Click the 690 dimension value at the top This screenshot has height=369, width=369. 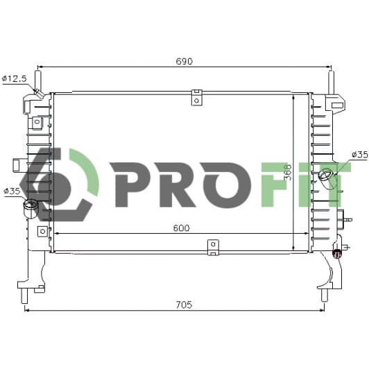pyautogui.click(x=184, y=61)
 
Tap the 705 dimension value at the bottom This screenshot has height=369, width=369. pyautogui.click(x=184, y=304)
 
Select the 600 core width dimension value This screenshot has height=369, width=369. pyautogui.click(x=181, y=228)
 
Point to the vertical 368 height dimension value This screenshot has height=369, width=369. pyautogui.click(x=288, y=172)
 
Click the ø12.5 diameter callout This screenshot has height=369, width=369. pyautogui.click(x=15, y=78)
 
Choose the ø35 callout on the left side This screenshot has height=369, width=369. pyautogui.click(x=12, y=191)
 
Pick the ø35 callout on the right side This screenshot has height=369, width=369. pyautogui.click(x=360, y=155)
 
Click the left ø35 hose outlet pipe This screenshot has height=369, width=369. pyautogui.click(x=31, y=208)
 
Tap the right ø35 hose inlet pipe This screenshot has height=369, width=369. pyautogui.click(x=328, y=176)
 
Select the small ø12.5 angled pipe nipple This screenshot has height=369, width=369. pyautogui.click(x=39, y=94)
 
